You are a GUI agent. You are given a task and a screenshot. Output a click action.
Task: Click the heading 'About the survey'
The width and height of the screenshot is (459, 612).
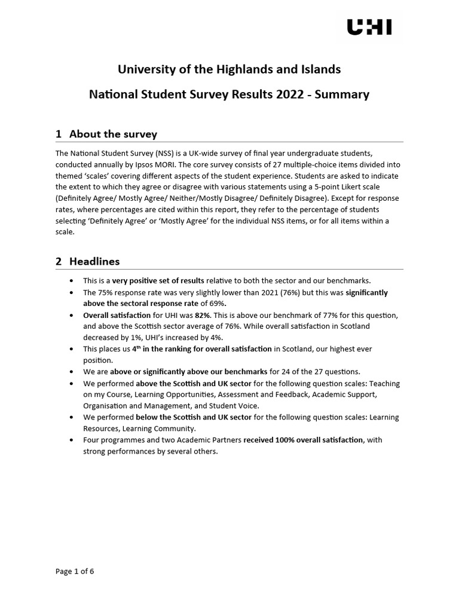coord(113,134)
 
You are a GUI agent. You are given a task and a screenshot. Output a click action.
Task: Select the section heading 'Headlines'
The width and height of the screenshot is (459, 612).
coord(94,261)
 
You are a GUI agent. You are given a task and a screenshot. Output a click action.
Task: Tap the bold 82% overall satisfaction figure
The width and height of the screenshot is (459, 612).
coord(203,315)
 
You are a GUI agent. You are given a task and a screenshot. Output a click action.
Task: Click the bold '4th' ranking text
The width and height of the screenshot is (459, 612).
coord(137,348)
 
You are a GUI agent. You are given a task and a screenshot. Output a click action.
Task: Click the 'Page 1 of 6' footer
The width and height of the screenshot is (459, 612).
coord(75,571)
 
